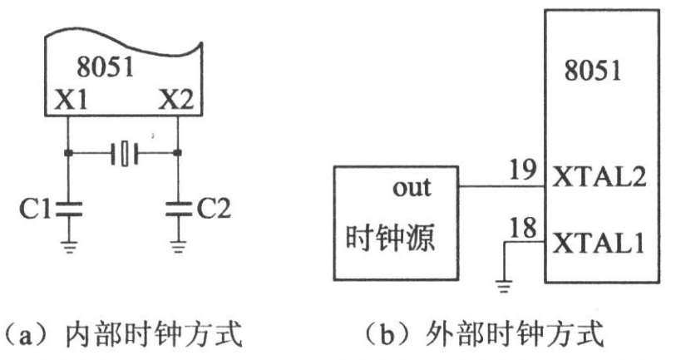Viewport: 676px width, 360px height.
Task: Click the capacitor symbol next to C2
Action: click(178, 209)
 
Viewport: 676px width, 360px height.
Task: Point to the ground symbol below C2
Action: click(178, 246)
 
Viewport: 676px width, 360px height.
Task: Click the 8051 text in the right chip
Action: click(592, 70)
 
